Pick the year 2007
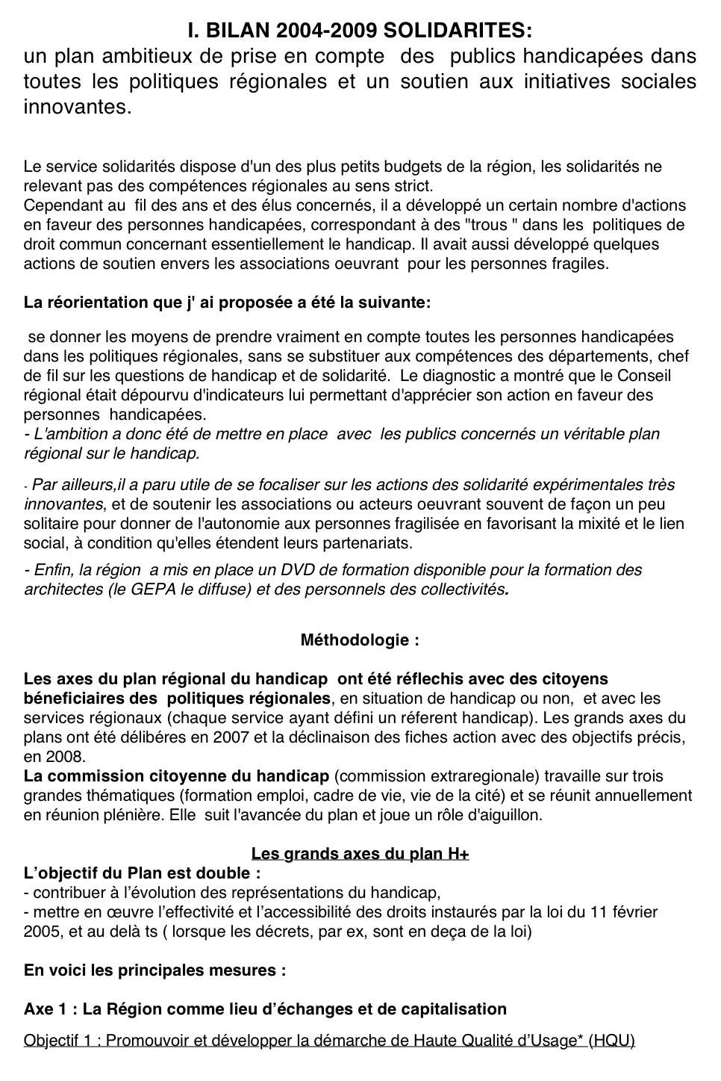click(238, 737)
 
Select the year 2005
click(41, 932)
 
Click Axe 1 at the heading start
click(49, 1009)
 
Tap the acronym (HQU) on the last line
click(611, 1041)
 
